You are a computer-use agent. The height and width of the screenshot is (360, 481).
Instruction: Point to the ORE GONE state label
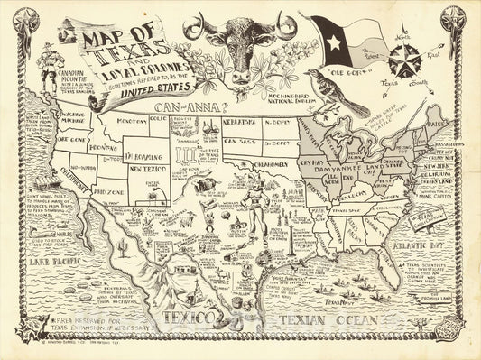tap(72, 141)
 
